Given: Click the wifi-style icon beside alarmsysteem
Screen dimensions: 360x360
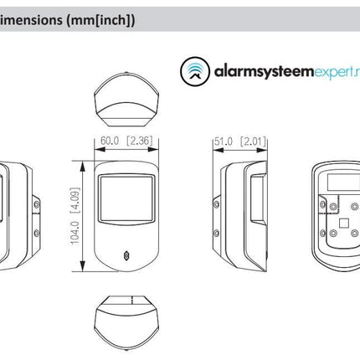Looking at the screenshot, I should pos(194,71).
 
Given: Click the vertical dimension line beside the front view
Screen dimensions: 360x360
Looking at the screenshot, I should pos(82,216).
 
